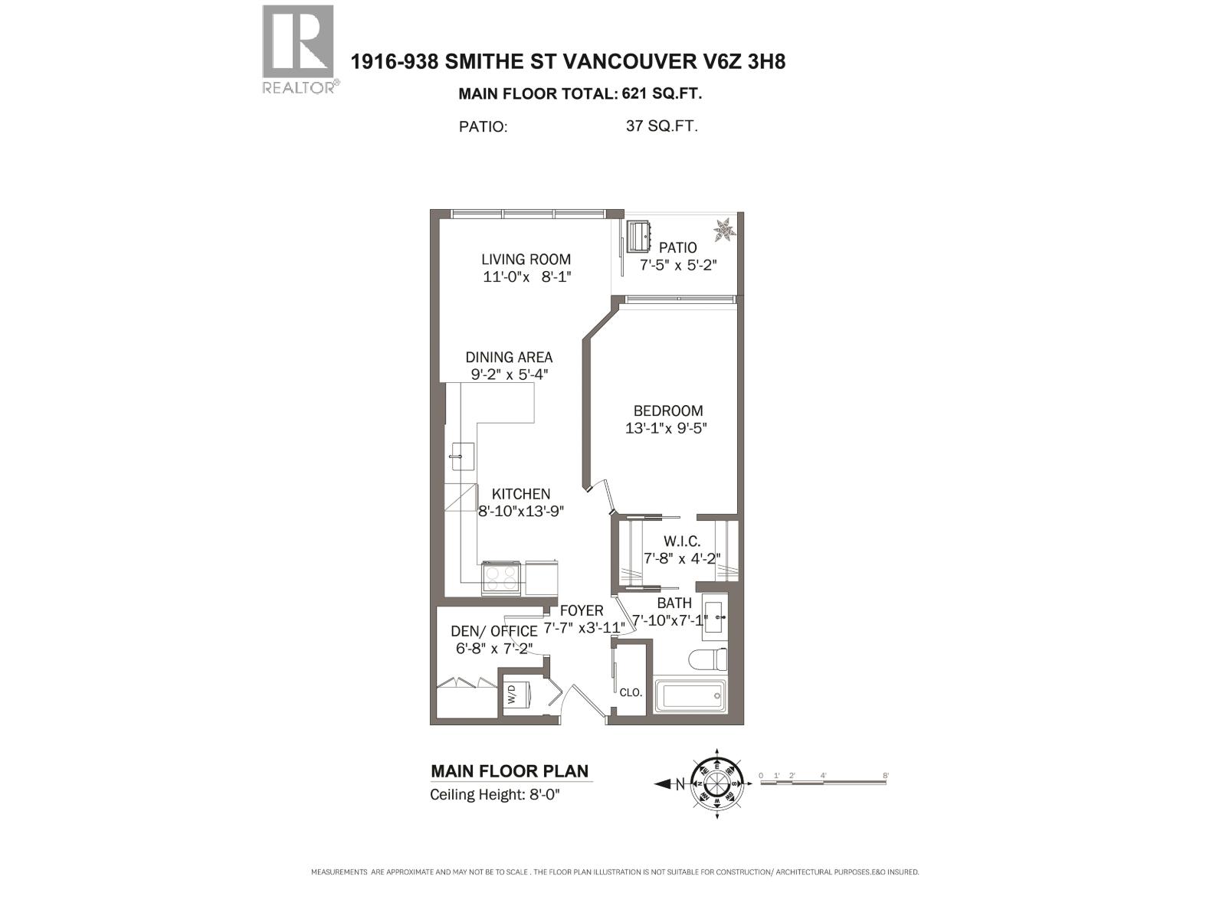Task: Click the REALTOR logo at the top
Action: [298, 48]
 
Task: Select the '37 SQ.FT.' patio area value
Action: [661, 126]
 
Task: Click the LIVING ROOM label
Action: [526, 260]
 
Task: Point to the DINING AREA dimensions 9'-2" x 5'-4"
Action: [510, 374]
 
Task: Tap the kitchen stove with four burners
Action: [501, 578]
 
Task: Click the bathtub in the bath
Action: [689, 696]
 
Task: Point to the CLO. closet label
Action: [631, 692]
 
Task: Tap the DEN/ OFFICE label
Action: [493, 631]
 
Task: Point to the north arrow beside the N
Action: [663, 783]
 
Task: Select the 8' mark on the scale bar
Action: [885, 776]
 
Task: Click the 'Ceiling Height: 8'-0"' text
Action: [495, 794]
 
